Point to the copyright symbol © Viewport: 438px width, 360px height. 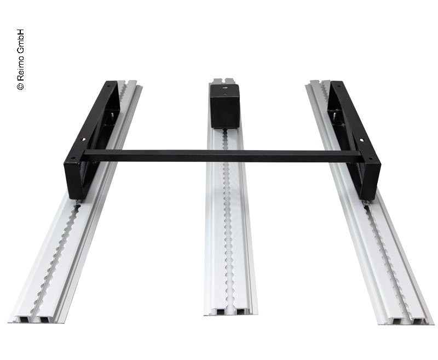(21, 87)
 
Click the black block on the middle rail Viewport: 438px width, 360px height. (225, 106)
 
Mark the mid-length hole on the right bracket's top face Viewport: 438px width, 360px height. (361, 139)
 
